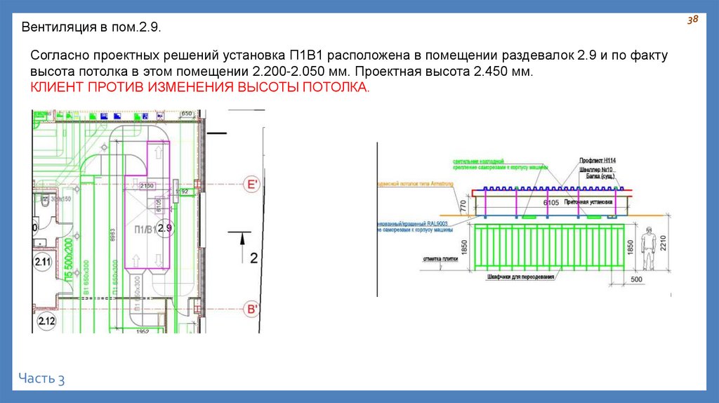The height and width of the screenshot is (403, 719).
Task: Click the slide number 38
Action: [692, 20]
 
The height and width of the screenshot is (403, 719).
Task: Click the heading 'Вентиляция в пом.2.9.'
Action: [92, 29]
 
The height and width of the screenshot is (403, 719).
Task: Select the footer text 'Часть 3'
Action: [42, 378]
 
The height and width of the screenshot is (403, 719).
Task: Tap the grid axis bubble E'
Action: [251, 185]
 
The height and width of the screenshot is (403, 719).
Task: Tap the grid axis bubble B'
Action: [251, 309]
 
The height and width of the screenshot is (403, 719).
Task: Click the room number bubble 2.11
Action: [44, 263]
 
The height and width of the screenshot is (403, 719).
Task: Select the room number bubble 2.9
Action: [165, 228]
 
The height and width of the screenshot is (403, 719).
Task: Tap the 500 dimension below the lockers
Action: [635, 279]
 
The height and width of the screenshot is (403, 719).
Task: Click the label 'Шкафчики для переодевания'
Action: [520, 277]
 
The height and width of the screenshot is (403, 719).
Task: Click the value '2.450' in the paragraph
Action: [489, 72]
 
